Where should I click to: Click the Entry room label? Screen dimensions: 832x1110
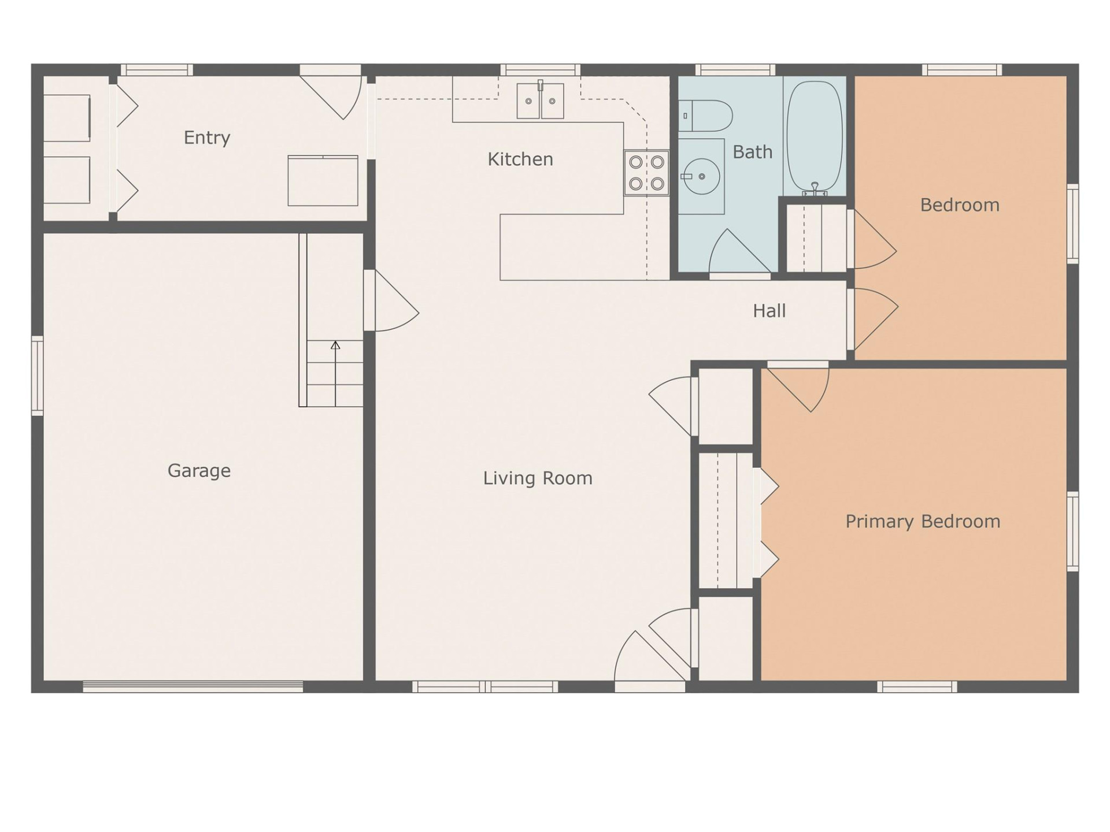click(x=207, y=138)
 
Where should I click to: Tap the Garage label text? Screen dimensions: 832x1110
click(x=199, y=470)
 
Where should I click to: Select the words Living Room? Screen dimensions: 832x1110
click(x=538, y=478)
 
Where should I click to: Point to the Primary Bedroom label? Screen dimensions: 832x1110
click(x=923, y=521)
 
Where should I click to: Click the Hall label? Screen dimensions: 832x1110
click(x=769, y=311)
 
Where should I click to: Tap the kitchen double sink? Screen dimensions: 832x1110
click(x=540, y=101)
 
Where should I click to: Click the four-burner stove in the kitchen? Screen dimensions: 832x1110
click(x=646, y=173)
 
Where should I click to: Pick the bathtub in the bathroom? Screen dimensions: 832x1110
click(x=815, y=136)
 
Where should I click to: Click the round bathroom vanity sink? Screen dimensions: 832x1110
click(x=701, y=176)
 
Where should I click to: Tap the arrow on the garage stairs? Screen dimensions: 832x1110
click(x=335, y=346)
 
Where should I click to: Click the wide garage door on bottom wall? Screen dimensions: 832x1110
click(x=193, y=686)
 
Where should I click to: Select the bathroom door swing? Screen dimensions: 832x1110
click(x=737, y=253)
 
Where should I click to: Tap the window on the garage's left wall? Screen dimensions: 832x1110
click(x=37, y=376)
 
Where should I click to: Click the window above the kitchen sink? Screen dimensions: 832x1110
click(x=540, y=70)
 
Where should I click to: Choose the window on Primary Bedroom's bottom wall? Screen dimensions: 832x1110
click(x=917, y=686)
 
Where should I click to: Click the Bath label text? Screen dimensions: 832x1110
click(x=752, y=152)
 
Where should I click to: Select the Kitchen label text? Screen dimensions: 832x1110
click(x=520, y=159)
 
